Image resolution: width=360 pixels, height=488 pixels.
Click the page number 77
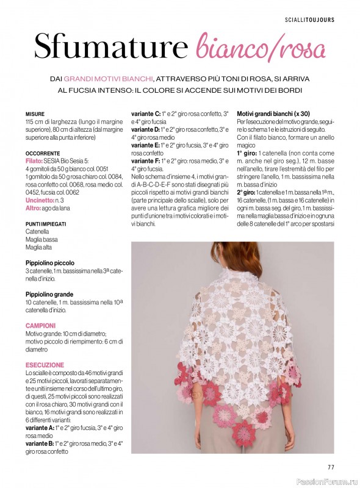(x=331, y=467)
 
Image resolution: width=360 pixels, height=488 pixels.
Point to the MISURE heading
(x=35, y=114)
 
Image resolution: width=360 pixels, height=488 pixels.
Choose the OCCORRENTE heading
(x=43, y=153)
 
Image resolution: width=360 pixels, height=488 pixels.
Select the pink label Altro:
(x=33, y=208)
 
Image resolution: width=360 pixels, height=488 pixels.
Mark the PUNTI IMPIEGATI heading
(x=46, y=224)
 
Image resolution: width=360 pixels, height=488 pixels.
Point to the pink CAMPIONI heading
(x=40, y=326)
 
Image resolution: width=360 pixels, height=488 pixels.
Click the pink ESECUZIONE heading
(x=45, y=365)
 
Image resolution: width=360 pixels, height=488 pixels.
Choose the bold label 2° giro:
(x=247, y=192)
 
